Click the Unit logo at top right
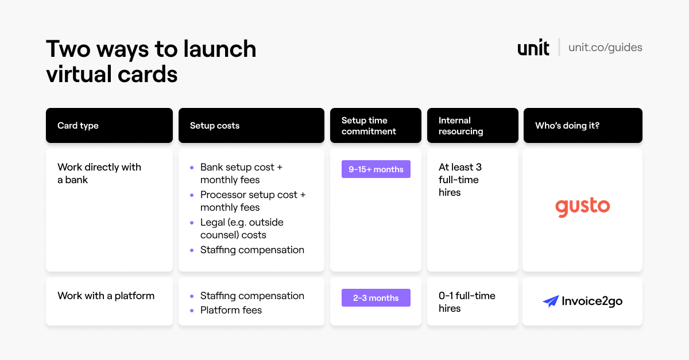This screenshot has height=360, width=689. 533,48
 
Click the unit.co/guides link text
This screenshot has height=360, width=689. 605,48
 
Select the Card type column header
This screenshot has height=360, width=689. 109,125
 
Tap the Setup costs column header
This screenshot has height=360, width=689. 251,125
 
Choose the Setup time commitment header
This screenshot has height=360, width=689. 376,125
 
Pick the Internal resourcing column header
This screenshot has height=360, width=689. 473,125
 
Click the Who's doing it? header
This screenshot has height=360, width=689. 583,125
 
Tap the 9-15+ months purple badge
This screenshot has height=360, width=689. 376,169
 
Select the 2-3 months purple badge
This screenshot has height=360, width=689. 376,297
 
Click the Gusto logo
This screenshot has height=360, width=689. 583,207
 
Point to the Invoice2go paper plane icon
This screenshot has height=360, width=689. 551,301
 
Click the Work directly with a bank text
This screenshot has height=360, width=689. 99,173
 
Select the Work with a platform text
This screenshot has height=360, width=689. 106,296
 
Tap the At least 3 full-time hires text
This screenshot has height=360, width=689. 460,180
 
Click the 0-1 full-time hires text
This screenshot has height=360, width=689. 467,302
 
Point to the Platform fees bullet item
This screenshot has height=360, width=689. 231,310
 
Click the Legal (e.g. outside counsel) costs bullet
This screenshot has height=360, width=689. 242,229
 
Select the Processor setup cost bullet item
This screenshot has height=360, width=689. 253,201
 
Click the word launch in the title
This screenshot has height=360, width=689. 219,49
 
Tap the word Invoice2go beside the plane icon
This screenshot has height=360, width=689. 592,301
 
